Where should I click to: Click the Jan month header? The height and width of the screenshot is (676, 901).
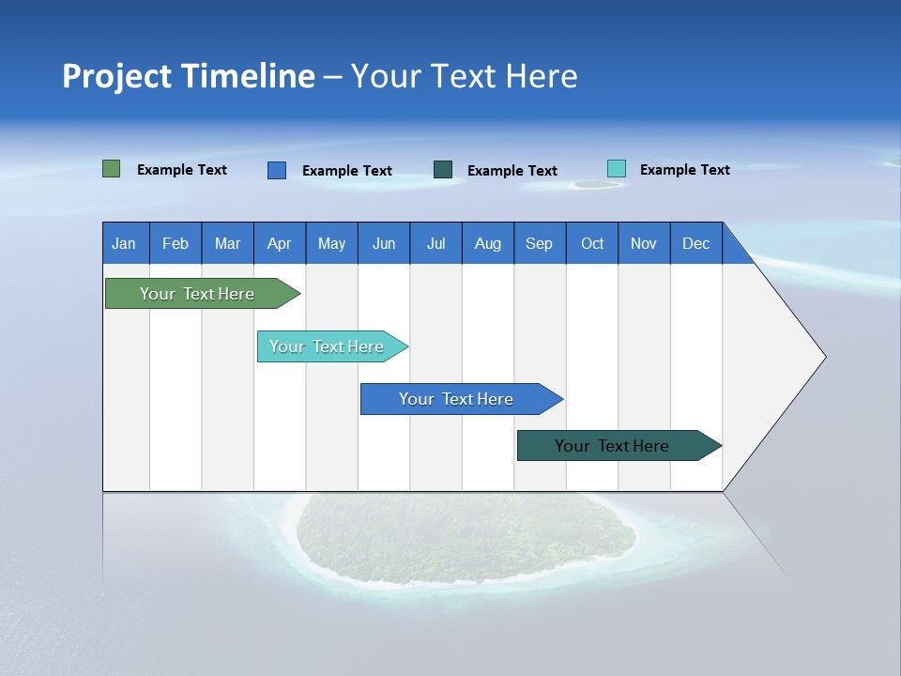(x=125, y=243)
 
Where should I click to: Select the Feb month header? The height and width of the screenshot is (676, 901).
(x=176, y=243)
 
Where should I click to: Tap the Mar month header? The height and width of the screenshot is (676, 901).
(x=227, y=243)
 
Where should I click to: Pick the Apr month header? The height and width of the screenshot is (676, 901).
(x=280, y=243)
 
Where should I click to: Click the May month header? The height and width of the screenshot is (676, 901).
(x=331, y=243)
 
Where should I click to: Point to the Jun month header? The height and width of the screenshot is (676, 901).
(x=384, y=243)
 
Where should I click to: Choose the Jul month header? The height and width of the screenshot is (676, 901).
(x=435, y=243)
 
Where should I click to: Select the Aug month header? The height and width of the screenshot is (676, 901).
(x=488, y=243)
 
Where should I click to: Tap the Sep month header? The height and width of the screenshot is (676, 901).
(x=540, y=243)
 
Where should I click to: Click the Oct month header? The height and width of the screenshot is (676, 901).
(x=592, y=243)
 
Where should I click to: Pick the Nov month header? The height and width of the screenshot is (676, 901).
(x=644, y=243)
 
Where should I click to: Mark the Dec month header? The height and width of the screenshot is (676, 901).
(x=696, y=243)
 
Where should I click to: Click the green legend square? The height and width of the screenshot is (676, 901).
(x=112, y=169)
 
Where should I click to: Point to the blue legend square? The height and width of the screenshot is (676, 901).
(x=277, y=170)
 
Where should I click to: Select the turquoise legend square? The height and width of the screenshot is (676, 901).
(x=617, y=169)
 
